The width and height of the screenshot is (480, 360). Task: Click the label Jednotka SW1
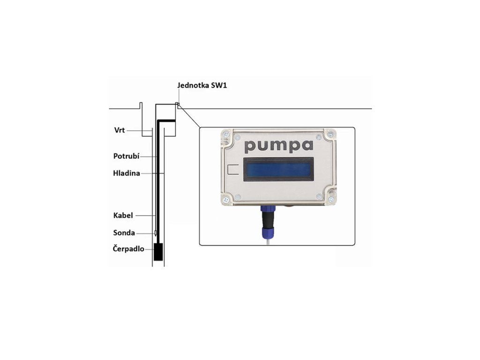tap(202, 86)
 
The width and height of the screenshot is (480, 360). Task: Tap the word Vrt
tap(119, 130)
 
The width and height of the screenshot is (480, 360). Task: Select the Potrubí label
tap(127, 156)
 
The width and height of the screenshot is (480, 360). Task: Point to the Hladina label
tap(127, 173)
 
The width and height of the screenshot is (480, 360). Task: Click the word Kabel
tap(123, 216)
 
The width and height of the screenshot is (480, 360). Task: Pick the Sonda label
tap(124, 232)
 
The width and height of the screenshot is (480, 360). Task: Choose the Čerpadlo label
tap(128, 249)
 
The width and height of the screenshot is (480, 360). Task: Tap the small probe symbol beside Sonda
tap(156, 232)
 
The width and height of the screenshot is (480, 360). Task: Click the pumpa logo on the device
tap(278, 145)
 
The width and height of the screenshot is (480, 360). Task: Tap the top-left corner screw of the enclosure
tap(226, 135)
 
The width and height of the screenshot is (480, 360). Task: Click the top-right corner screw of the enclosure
tap(331, 135)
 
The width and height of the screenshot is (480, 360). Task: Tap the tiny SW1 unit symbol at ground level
tap(177, 105)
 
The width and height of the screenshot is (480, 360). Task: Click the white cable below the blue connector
tap(267, 240)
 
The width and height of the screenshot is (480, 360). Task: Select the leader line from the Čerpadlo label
tap(149, 249)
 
